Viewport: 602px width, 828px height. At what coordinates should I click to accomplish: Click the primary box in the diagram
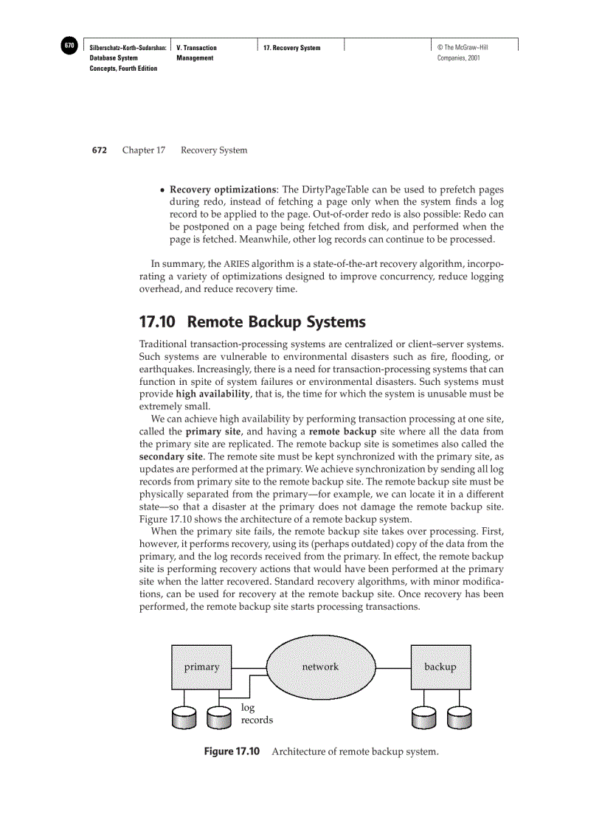point(201,667)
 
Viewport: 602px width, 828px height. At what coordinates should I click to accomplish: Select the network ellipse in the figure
point(320,667)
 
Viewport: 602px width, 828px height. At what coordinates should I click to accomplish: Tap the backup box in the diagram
point(440,667)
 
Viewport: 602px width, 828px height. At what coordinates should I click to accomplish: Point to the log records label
point(257,714)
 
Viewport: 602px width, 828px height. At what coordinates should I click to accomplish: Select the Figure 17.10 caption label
point(232,751)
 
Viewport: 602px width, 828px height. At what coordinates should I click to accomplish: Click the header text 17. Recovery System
point(292,48)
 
